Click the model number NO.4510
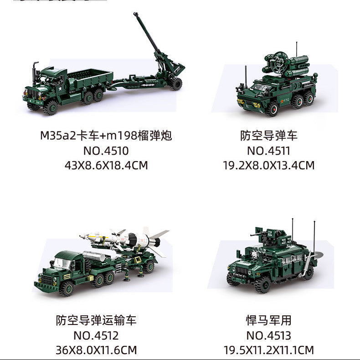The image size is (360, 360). [x=106, y=151]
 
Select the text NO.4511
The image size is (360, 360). [x=268, y=151]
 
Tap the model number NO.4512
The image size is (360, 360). [x=96, y=336]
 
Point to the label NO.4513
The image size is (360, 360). [x=268, y=336]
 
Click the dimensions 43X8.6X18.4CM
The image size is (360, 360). [x=106, y=165]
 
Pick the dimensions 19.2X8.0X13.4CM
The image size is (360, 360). [x=268, y=165]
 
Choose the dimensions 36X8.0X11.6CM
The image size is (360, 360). [x=96, y=350]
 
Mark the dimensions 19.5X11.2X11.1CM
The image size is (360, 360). [x=268, y=350]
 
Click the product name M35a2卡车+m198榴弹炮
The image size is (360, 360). [x=106, y=136]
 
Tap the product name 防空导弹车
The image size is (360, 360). [x=268, y=136]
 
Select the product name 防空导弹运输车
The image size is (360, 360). [x=96, y=321]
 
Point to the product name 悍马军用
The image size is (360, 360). [x=268, y=321]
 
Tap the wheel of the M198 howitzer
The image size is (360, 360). [x=176, y=83]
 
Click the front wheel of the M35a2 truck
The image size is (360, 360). [x=50, y=107]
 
